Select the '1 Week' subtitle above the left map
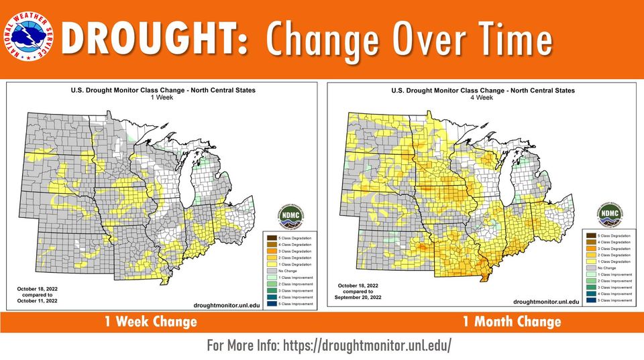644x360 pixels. click(163, 97)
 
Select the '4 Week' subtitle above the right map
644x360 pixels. click(484, 97)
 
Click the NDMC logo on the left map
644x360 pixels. click(290, 217)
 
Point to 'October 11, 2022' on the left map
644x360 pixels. click(38, 301)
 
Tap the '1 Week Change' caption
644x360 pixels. click(150, 322)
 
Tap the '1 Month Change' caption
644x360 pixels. click(511, 322)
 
